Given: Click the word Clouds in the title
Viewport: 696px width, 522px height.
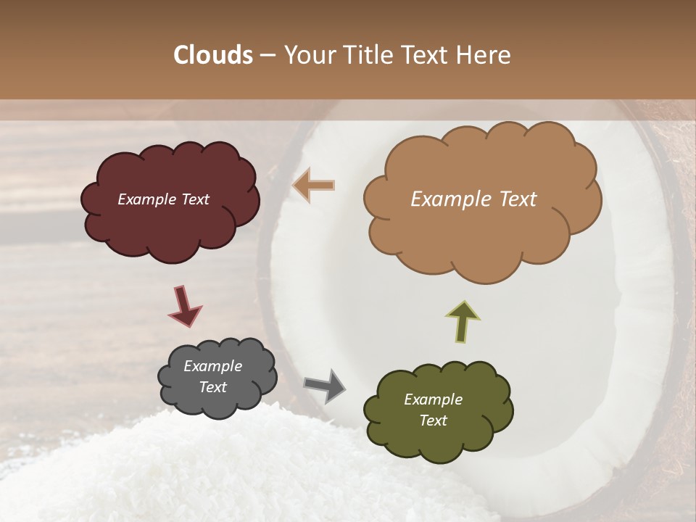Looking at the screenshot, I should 213,55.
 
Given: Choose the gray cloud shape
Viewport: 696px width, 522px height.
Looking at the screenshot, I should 217,402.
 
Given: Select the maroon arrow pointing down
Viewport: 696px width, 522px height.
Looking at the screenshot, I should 184,305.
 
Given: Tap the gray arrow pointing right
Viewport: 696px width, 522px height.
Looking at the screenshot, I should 325,385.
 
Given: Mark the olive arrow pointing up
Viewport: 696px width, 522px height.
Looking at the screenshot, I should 463,321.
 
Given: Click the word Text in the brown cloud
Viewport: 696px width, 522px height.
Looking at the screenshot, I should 514,199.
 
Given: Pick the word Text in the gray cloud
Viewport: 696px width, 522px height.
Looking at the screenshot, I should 212,387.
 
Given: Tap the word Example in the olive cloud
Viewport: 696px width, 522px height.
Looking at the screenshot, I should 433,399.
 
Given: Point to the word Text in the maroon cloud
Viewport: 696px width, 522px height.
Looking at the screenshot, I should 194,199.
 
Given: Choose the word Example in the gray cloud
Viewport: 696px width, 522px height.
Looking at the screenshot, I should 212,366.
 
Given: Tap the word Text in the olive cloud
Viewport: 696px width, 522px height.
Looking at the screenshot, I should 433,420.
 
